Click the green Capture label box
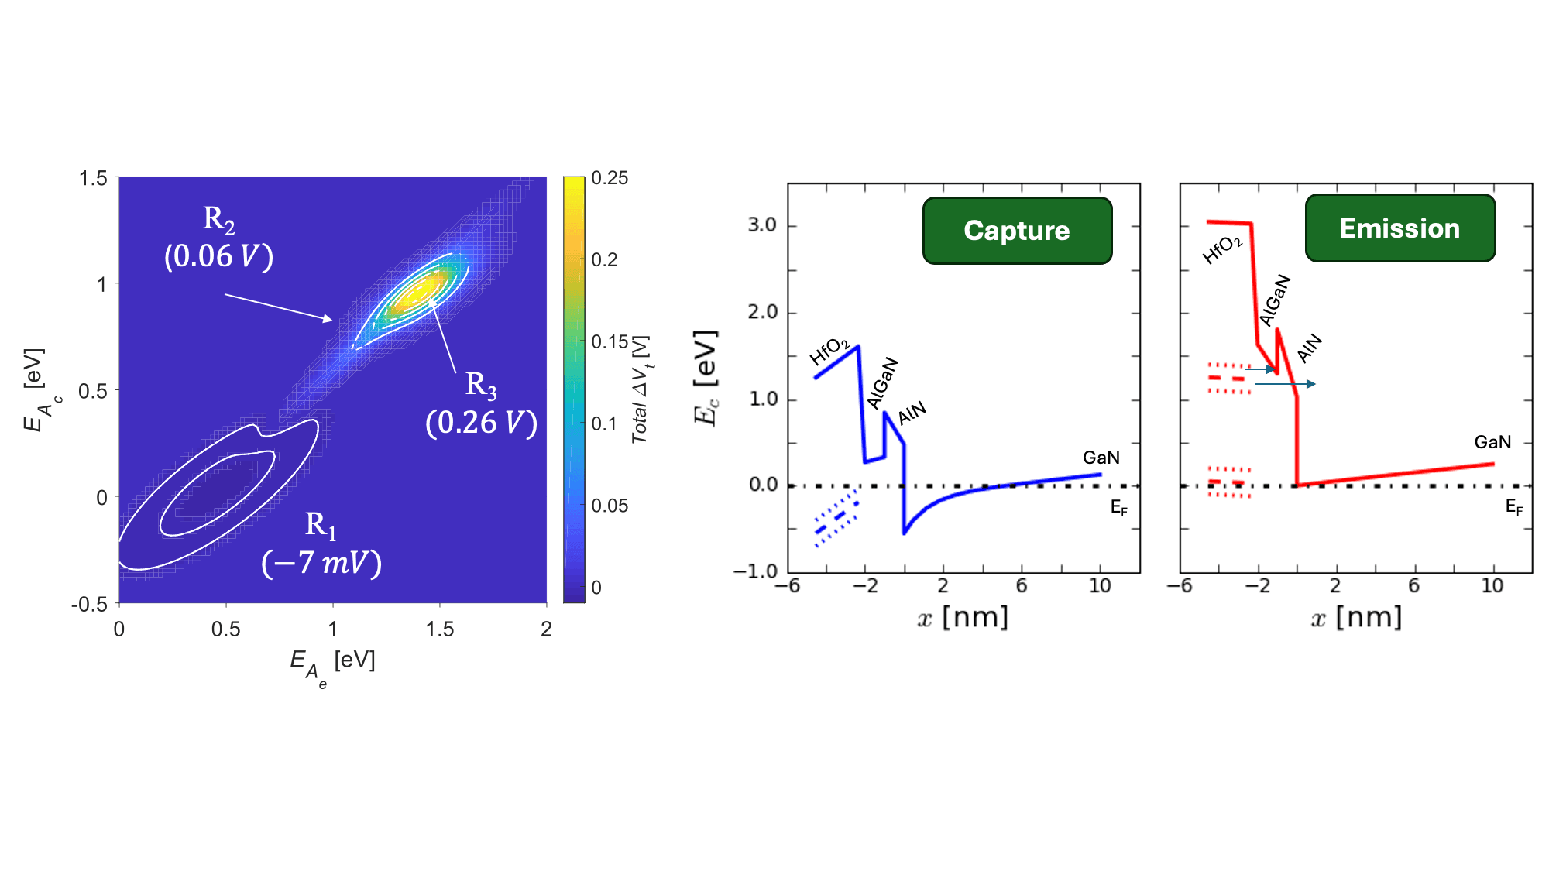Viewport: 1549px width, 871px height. (1017, 231)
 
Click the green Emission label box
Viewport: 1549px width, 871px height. (1400, 228)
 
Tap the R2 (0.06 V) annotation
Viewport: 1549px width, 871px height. (219, 238)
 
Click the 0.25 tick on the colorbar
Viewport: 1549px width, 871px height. (610, 178)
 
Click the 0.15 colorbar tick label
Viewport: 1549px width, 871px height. (610, 341)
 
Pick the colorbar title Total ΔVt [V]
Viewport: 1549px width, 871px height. (641, 389)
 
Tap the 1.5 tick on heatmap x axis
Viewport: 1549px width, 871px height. (439, 629)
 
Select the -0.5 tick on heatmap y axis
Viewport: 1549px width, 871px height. (89, 604)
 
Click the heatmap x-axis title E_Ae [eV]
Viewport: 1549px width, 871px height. (332, 664)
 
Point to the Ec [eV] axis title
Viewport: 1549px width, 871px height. (706, 378)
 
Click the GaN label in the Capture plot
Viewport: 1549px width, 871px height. (1101, 458)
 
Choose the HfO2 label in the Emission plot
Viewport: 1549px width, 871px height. (1222, 250)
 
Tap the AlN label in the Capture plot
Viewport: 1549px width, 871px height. (912, 413)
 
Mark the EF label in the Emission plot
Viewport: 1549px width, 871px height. (1513, 507)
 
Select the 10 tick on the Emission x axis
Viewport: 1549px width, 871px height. (1492, 586)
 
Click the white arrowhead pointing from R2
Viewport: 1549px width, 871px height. (328, 318)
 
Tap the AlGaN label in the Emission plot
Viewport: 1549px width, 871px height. (1275, 300)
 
